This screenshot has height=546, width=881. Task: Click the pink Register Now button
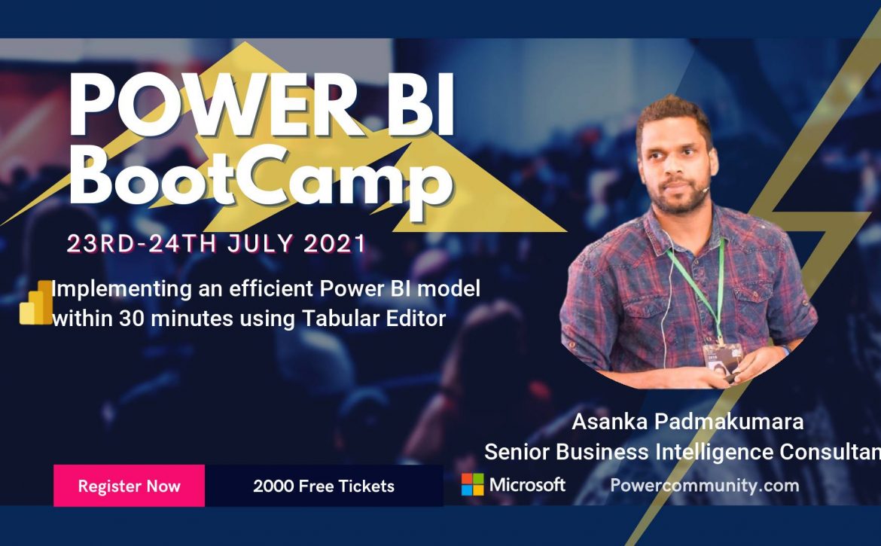[x=130, y=485]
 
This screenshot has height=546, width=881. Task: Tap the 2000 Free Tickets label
[x=324, y=486]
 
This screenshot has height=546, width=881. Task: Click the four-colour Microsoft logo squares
[x=473, y=484]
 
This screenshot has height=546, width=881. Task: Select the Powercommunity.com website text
[x=705, y=485]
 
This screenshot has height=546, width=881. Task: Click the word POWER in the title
[x=213, y=105]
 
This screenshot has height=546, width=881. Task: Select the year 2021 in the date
[x=335, y=244]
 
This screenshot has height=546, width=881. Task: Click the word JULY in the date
[x=260, y=244]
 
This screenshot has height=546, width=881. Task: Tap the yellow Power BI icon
[x=36, y=303]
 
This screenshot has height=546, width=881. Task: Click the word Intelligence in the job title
[x=715, y=452]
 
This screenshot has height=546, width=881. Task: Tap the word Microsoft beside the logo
[x=527, y=484]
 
